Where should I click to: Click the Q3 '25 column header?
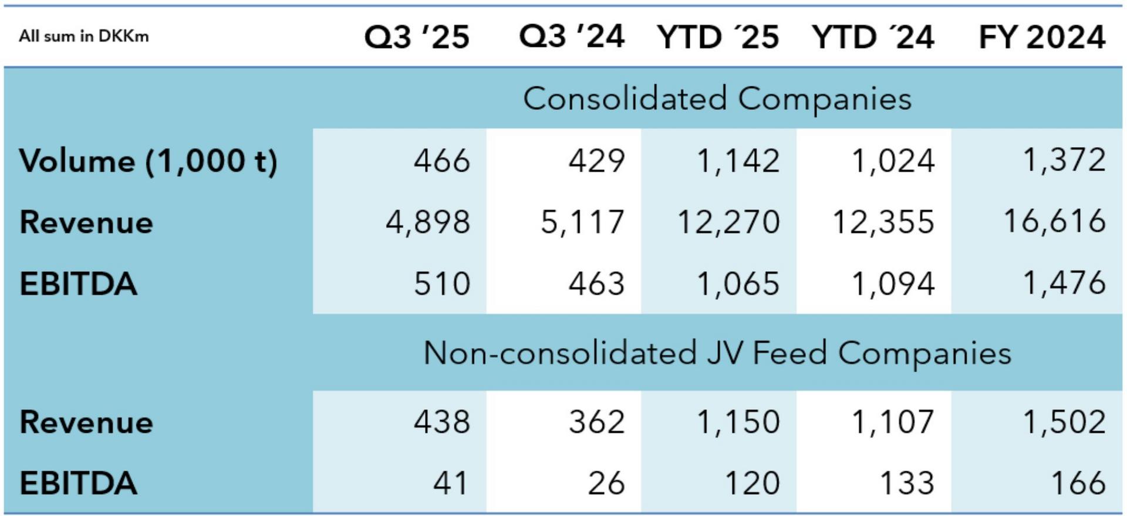pos(417,37)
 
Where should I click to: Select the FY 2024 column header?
pos(1042,37)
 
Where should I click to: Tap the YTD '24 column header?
pos(873,37)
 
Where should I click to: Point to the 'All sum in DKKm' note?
pos(84,36)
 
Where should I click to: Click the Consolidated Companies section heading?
pos(717,98)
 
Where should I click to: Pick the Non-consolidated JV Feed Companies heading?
pos(717,353)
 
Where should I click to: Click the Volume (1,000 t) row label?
pos(148,161)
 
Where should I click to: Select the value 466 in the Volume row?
pos(441,161)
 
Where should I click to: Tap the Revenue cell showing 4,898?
pos(428,222)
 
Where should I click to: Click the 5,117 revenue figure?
pos(582,222)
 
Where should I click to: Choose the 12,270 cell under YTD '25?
pos(728,222)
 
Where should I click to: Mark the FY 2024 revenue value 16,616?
pos(1055,222)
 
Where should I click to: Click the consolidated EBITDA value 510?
pos(441,284)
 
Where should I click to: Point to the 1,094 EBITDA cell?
pos(893,284)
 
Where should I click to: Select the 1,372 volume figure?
pos(1064,160)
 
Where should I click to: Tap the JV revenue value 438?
pos(441,422)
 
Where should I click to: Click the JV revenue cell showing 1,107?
pos(893,422)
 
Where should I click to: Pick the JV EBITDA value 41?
pos(450,484)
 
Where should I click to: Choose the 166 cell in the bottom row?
pos(1078,484)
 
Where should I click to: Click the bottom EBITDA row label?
pos(78,484)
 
